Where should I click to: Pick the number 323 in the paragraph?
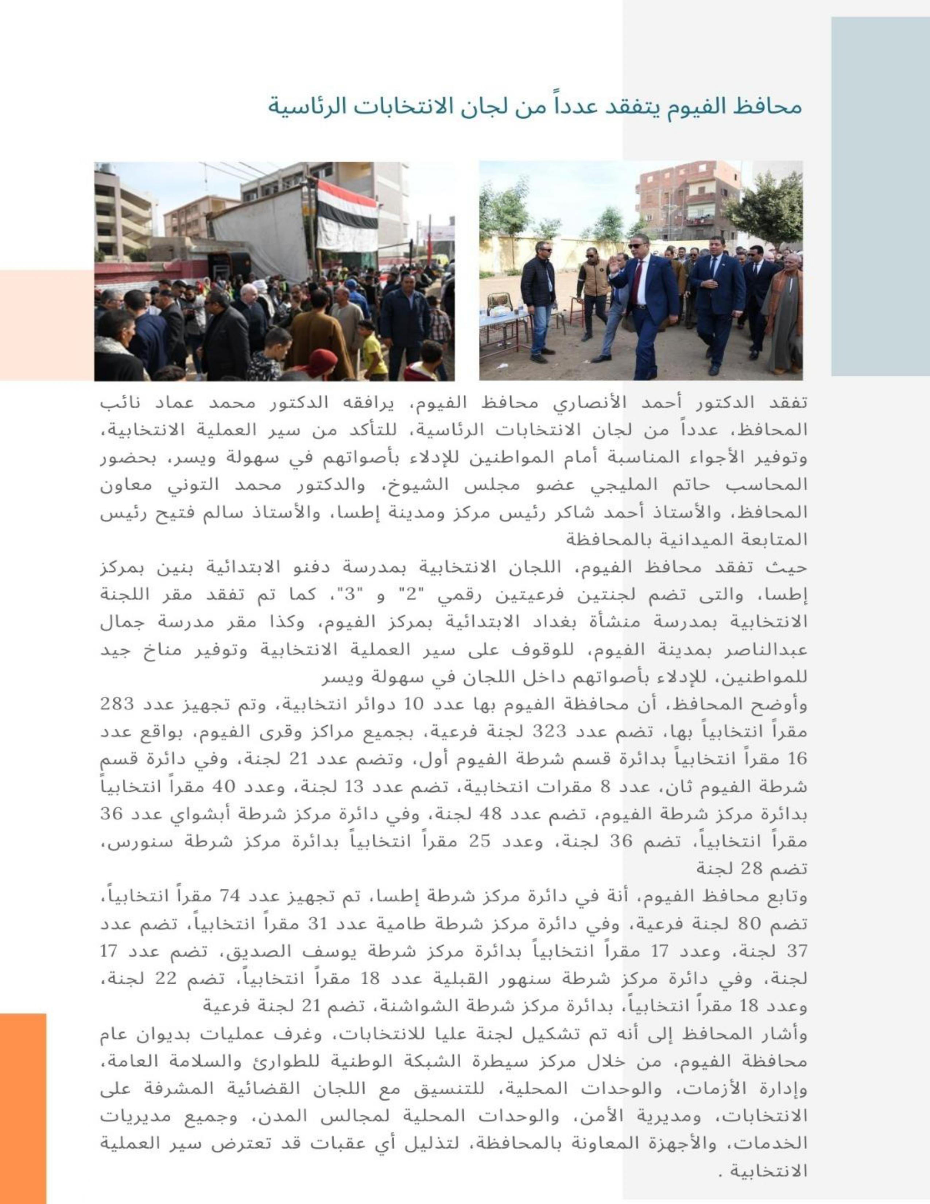click(x=548, y=732)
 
